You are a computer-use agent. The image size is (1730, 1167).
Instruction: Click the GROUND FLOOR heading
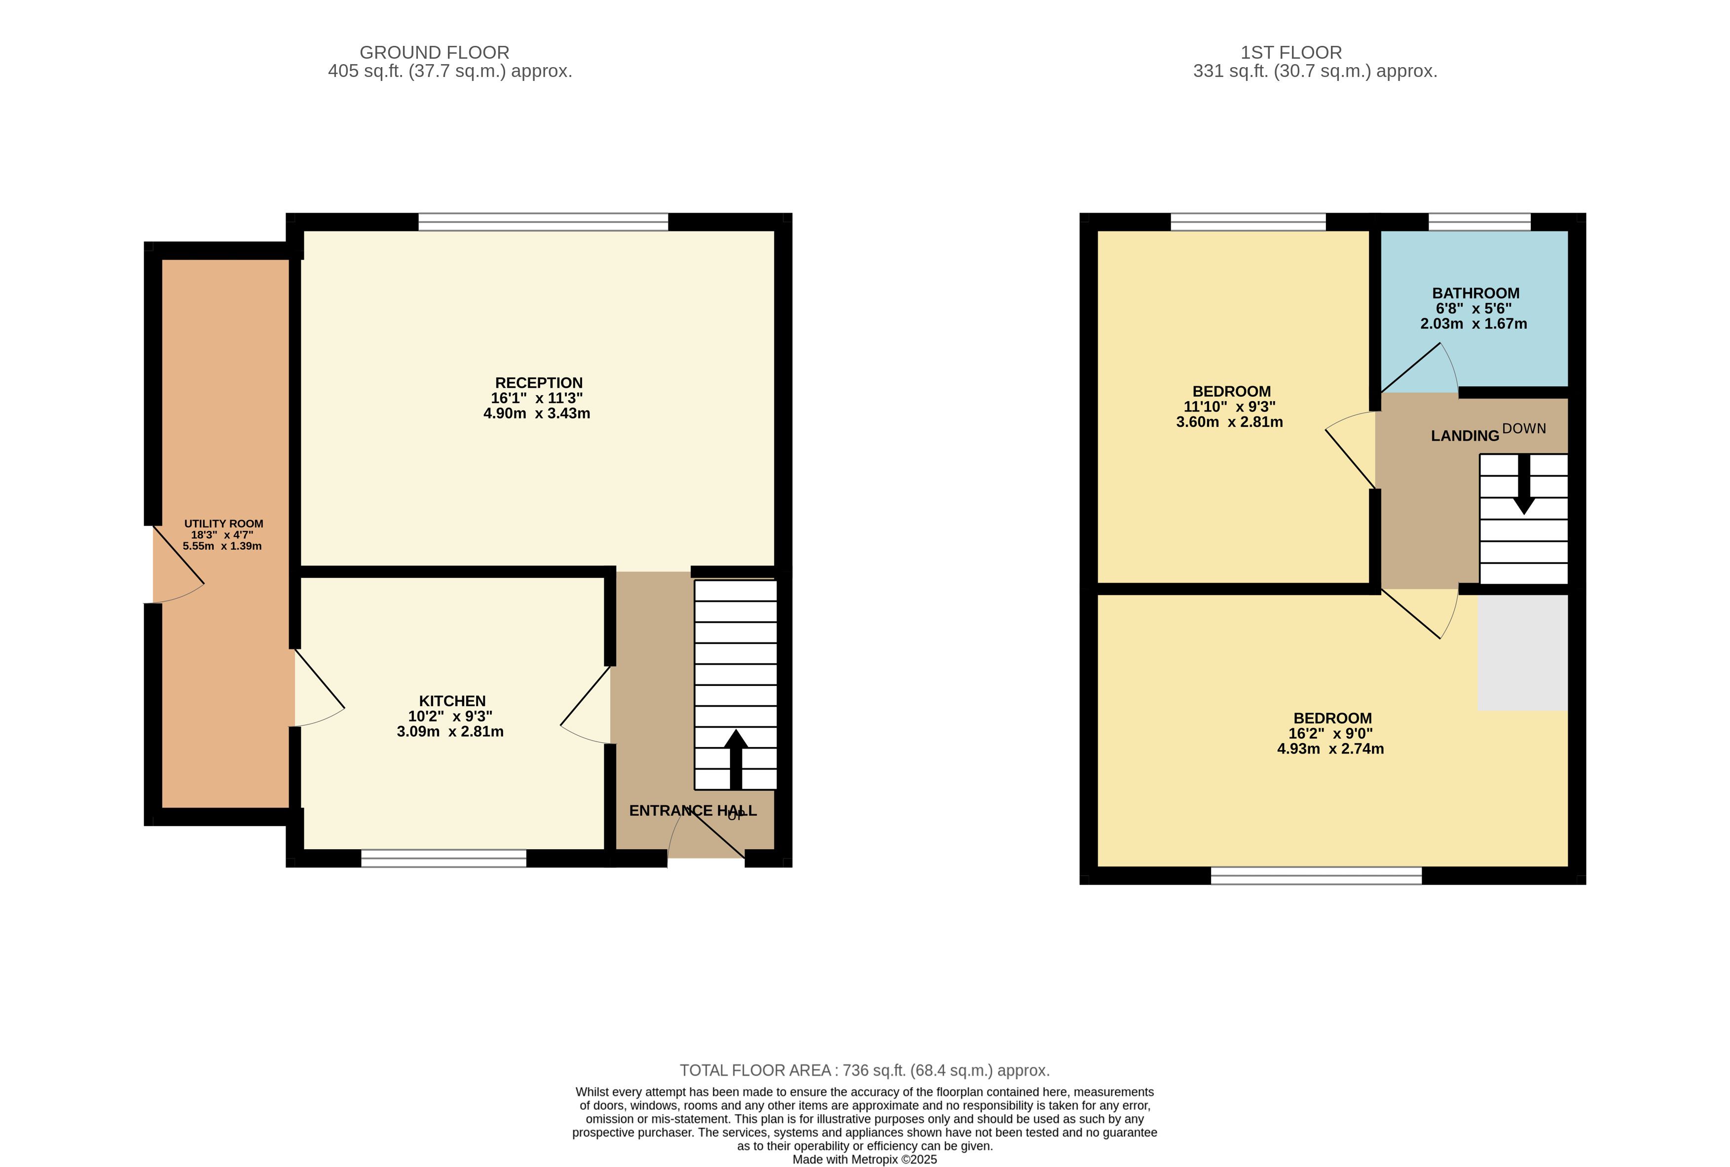[435, 53]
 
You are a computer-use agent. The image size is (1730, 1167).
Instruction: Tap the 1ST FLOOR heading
[1291, 53]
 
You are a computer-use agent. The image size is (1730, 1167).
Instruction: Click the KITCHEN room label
[452, 701]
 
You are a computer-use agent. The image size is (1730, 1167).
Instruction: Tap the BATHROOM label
[1475, 293]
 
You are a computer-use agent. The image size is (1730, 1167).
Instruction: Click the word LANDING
[1465, 436]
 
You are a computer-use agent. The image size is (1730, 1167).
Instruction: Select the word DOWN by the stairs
[1524, 429]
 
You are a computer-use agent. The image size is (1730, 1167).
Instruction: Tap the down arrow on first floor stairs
[1524, 484]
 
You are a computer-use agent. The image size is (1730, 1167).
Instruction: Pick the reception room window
[543, 222]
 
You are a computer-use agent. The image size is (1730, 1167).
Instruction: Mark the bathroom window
[1479, 222]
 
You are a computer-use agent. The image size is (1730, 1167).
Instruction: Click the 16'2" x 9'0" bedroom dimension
[1331, 734]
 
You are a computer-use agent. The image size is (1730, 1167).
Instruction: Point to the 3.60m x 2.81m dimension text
[1229, 422]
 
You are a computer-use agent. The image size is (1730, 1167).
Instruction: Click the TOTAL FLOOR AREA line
[865, 1070]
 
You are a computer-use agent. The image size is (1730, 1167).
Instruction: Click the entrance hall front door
[706, 833]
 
